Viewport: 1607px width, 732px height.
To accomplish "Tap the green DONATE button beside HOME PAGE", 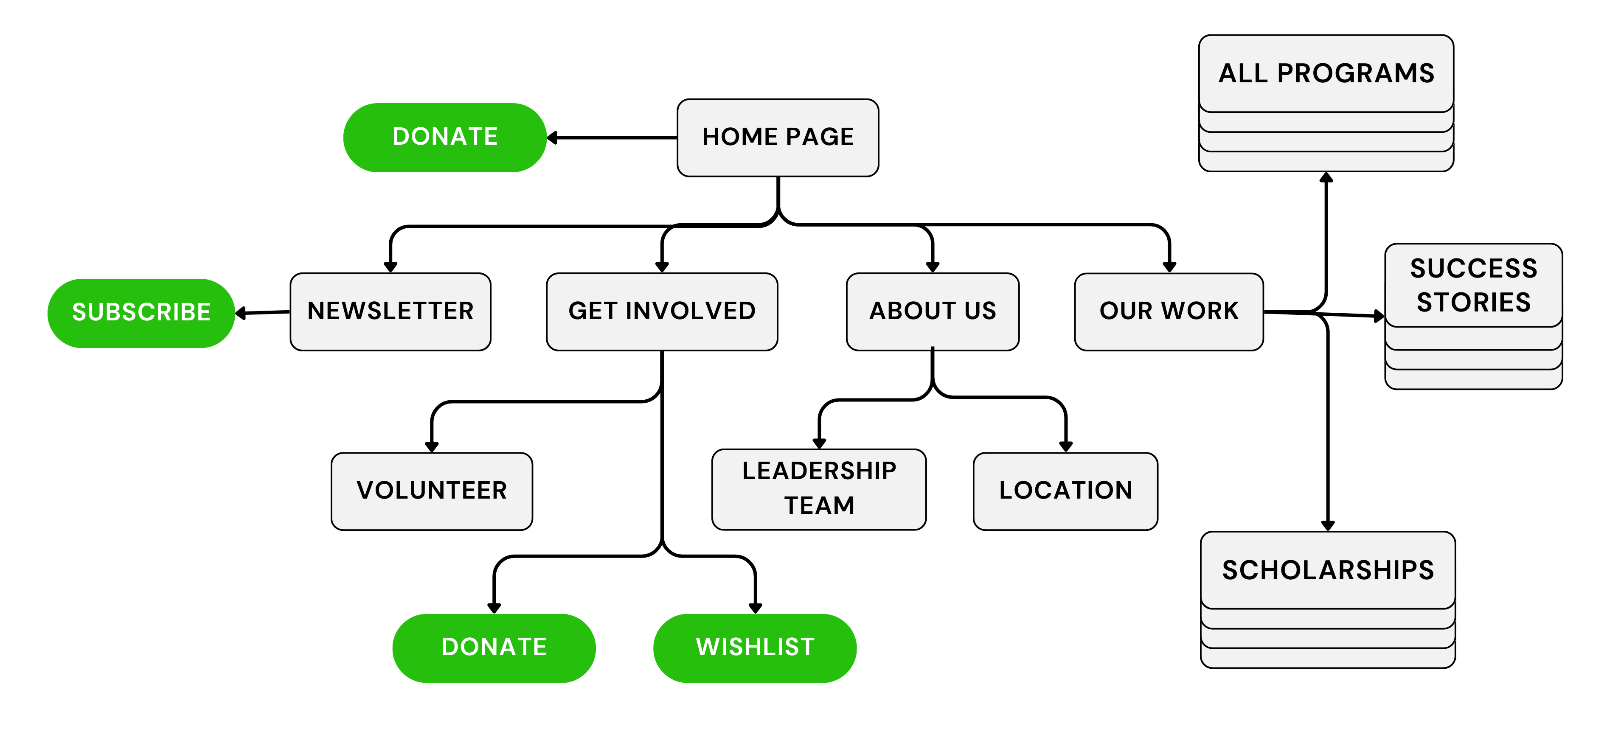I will coord(445,137).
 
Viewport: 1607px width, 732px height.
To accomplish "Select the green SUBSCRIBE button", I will coord(141,312).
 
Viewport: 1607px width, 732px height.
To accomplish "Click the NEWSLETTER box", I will coord(391,311).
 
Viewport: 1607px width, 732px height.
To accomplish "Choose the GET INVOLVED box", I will coord(662,311).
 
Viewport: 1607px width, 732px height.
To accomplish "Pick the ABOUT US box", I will coord(933,311).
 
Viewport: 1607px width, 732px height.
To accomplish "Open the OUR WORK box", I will coord(1169,311).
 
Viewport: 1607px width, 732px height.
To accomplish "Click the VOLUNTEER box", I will coord(432,491).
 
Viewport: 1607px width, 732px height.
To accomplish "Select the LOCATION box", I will coord(1065,491).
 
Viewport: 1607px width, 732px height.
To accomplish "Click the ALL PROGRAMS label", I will coord(1326,73).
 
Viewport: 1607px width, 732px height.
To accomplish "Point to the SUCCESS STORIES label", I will coord(1473,285).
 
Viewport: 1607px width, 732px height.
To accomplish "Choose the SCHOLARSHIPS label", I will coord(1328,570).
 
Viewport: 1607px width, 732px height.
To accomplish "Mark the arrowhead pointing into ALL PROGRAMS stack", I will coord(1326,178).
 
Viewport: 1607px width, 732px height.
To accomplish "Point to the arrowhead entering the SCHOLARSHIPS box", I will coord(1328,526).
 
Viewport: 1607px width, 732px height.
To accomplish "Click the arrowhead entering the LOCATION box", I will coord(1065,446).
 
